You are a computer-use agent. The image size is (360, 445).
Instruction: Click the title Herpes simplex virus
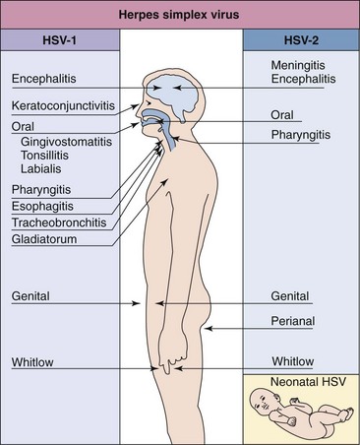pos(180,12)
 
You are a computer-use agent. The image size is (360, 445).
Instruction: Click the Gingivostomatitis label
pos(67,142)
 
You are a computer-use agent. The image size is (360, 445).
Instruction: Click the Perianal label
pos(294,320)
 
